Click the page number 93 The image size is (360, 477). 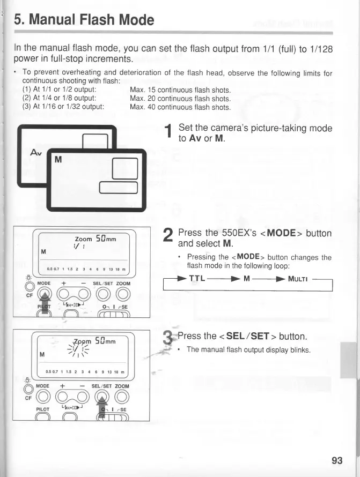tap(337, 460)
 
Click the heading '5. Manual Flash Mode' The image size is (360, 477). tap(84, 20)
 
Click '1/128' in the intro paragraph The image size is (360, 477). tap(320, 48)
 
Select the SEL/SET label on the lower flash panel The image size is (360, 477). tap(102, 386)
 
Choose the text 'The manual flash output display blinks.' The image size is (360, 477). tap(248, 349)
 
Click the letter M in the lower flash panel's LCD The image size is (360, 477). tap(41, 354)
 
